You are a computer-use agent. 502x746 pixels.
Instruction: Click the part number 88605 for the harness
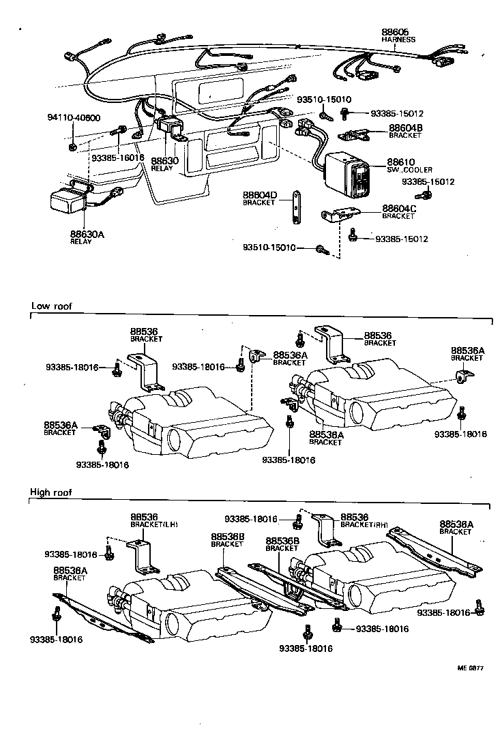394,32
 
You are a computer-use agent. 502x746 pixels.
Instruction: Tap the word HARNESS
398,40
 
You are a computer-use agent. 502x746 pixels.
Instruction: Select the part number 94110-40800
74,117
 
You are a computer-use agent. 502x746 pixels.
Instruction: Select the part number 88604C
399,208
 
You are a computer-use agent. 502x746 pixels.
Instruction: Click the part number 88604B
406,128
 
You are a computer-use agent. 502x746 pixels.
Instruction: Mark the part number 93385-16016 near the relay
117,158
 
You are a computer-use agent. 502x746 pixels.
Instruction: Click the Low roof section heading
51,306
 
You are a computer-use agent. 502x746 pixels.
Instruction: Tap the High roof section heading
51,492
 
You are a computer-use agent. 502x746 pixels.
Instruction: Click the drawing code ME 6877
469,668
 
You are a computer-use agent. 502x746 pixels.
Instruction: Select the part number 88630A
87,234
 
